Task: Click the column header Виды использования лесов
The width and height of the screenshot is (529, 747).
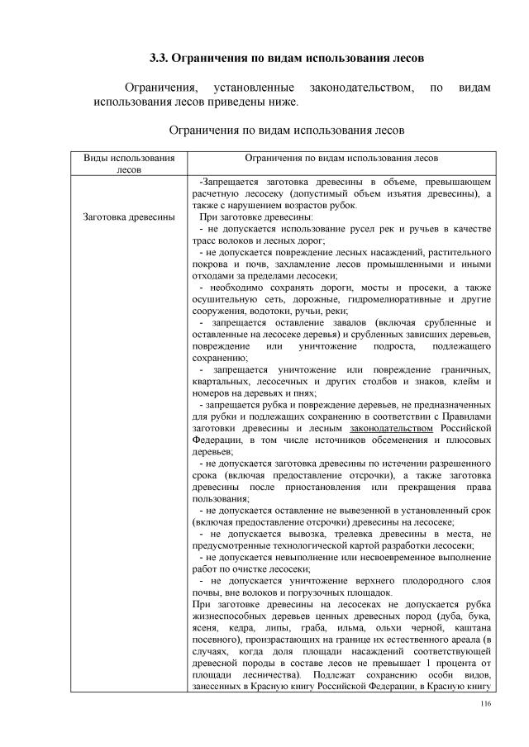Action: pos(129,163)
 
